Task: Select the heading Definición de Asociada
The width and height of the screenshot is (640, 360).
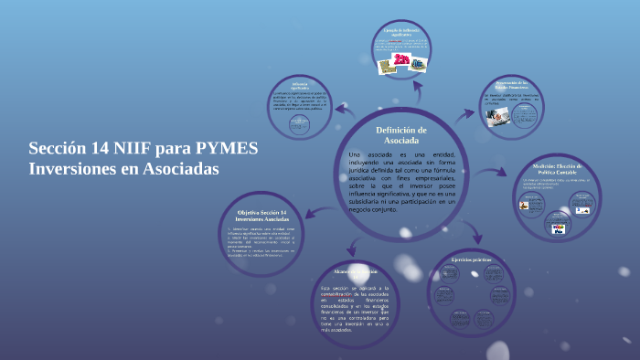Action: point(401,136)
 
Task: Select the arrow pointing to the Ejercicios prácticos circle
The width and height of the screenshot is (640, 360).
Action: point(441,236)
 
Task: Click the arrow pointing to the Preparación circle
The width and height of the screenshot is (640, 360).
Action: point(470,112)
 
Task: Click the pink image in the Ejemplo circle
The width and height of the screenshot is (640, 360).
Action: point(400,61)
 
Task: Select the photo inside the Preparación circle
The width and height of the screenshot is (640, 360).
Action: point(497,115)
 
